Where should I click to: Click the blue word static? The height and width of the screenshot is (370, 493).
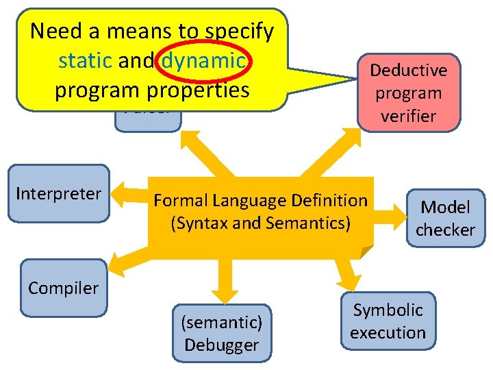[85, 62]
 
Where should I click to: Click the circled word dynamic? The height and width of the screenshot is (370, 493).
[203, 62]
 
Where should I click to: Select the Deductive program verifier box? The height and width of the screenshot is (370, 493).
[409, 92]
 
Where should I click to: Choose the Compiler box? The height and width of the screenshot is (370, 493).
[64, 288]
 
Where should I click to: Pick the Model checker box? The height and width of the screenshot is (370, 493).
[445, 219]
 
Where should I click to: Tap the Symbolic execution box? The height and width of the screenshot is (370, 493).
[388, 321]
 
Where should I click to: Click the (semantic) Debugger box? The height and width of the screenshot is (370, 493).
[221, 332]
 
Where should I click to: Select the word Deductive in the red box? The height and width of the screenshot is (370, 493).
[409, 71]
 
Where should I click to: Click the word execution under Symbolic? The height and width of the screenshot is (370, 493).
[388, 333]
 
